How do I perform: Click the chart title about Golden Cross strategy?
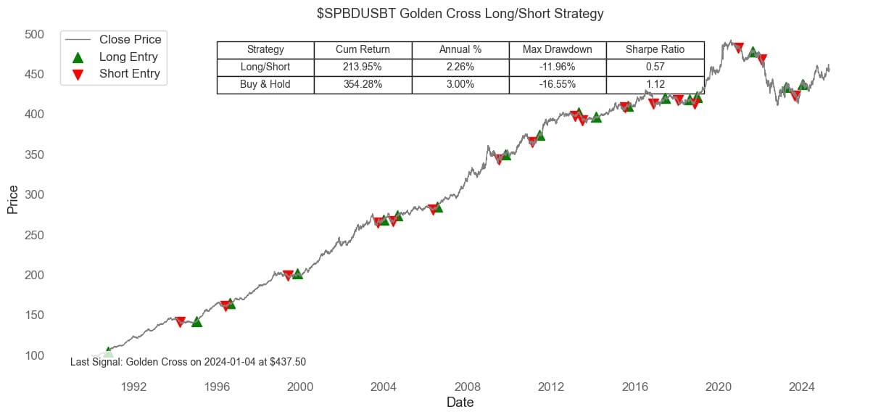point(460,14)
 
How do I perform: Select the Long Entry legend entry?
point(128,57)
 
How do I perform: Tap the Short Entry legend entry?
point(129,73)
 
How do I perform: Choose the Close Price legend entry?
point(130,39)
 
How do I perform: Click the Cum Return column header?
point(363,50)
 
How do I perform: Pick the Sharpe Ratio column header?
point(655,50)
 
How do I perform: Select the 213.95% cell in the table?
point(363,67)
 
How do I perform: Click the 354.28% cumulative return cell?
point(363,85)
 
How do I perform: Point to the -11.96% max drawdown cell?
point(558,67)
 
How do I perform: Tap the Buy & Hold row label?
point(265,85)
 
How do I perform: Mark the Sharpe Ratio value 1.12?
point(655,85)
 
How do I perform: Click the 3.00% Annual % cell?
point(460,85)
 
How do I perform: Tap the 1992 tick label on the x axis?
point(134,386)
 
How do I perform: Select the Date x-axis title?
point(460,402)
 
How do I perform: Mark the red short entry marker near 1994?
point(180,322)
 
